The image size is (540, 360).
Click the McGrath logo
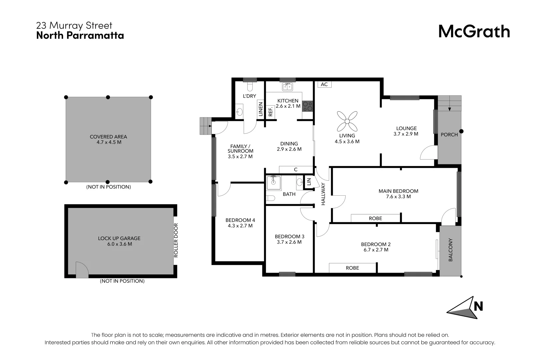pos(474,32)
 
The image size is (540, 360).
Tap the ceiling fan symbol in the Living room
pos(347,121)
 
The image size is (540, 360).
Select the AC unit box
pos(324,85)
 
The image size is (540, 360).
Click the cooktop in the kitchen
pos(307,106)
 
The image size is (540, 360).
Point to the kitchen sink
pos(287,87)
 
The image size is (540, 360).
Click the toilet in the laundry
pos(250,87)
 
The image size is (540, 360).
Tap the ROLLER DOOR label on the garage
pos(176,240)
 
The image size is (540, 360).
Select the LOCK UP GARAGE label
pos(119,238)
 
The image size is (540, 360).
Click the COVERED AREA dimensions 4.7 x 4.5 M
pos(108,142)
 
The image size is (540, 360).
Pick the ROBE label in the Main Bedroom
pos(375,218)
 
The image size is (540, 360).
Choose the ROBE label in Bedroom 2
pos(352,268)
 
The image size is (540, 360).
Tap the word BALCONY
pos(450,250)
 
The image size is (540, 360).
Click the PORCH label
pos(449,135)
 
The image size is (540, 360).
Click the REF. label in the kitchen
pos(270,111)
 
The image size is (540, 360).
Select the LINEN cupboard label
pos(261,109)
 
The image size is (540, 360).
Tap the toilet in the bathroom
pos(270,198)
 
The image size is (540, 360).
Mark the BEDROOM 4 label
pos(240,220)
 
